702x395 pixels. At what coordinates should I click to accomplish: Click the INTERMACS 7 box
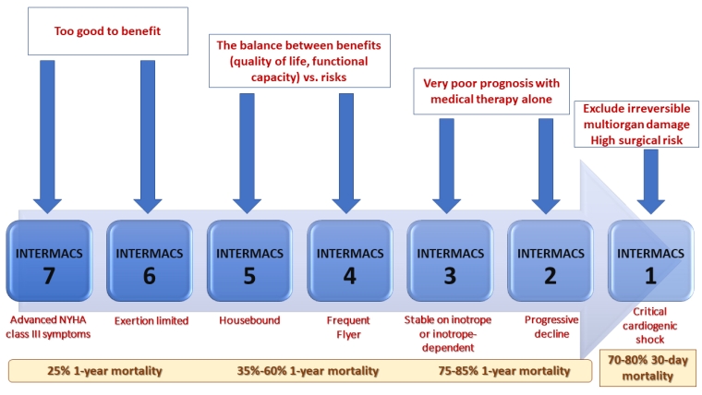pyautogui.click(x=49, y=261)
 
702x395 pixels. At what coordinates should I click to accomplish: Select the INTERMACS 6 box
pyautogui.click(x=150, y=261)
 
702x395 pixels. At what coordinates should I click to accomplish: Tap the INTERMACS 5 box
pyautogui.click(x=249, y=261)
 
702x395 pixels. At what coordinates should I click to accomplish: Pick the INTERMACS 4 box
pyautogui.click(x=350, y=261)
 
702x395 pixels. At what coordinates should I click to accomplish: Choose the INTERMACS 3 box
pyautogui.click(x=451, y=261)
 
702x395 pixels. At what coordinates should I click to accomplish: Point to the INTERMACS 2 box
pyautogui.click(x=551, y=261)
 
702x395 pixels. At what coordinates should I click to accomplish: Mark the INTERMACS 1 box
pyautogui.click(x=651, y=261)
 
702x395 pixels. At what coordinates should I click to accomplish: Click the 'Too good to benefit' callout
pyautogui.click(x=108, y=30)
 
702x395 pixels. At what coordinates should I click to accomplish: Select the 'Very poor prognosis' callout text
pyautogui.click(x=491, y=91)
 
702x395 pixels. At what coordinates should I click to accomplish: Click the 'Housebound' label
pyautogui.click(x=249, y=320)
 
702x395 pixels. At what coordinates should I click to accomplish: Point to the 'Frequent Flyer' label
pyautogui.click(x=348, y=327)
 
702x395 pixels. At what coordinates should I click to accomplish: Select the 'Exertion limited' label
pyautogui.click(x=151, y=321)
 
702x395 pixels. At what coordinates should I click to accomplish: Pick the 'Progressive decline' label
pyautogui.click(x=551, y=327)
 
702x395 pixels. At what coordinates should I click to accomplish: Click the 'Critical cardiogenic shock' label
pyautogui.click(x=649, y=325)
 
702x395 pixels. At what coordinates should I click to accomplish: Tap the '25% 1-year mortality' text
pyautogui.click(x=104, y=371)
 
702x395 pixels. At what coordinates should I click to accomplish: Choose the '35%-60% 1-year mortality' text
pyautogui.click(x=308, y=371)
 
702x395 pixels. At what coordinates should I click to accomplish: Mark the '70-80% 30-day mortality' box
pyautogui.click(x=648, y=367)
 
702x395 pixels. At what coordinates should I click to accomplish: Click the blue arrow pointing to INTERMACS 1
pyautogui.click(x=650, y=181)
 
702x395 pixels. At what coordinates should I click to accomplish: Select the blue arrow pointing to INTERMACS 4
pyautogui.click(x=346, y=153)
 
